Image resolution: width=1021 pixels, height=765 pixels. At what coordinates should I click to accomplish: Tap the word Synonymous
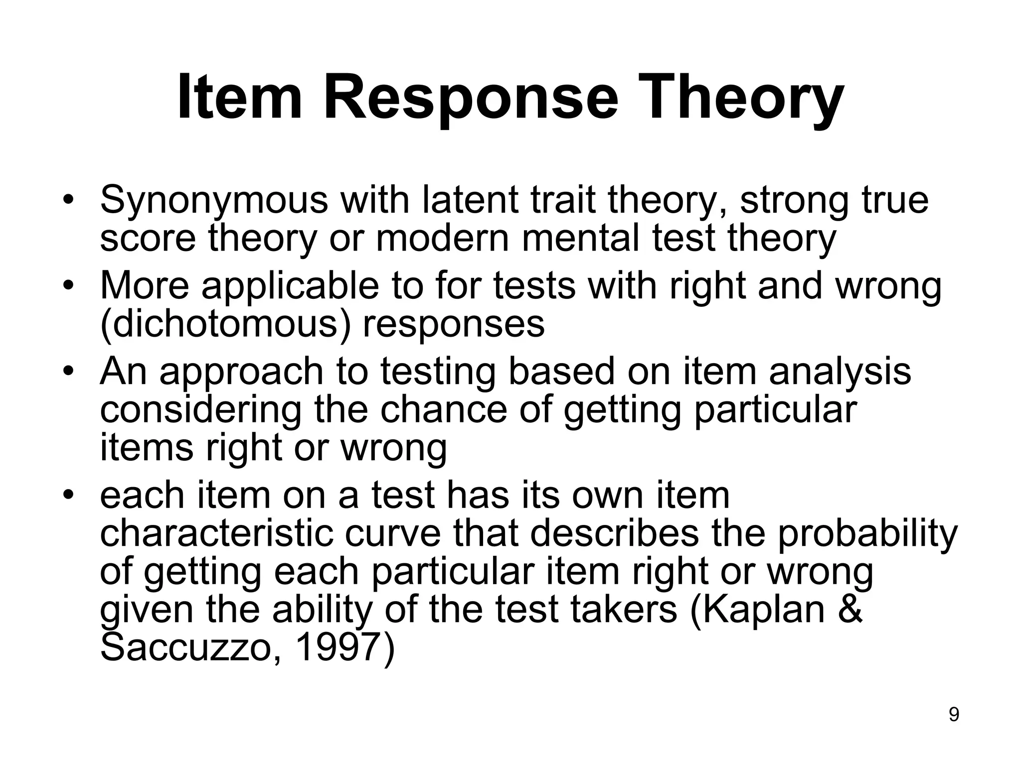coord(214,200)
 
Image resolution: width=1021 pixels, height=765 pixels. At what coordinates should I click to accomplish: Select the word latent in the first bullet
coord(469,199)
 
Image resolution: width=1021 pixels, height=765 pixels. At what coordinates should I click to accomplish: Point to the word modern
coord(443,238)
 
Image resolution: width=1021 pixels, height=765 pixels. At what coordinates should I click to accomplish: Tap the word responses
coord(454,325)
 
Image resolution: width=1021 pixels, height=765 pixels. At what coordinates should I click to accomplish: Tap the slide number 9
coord(954,715)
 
